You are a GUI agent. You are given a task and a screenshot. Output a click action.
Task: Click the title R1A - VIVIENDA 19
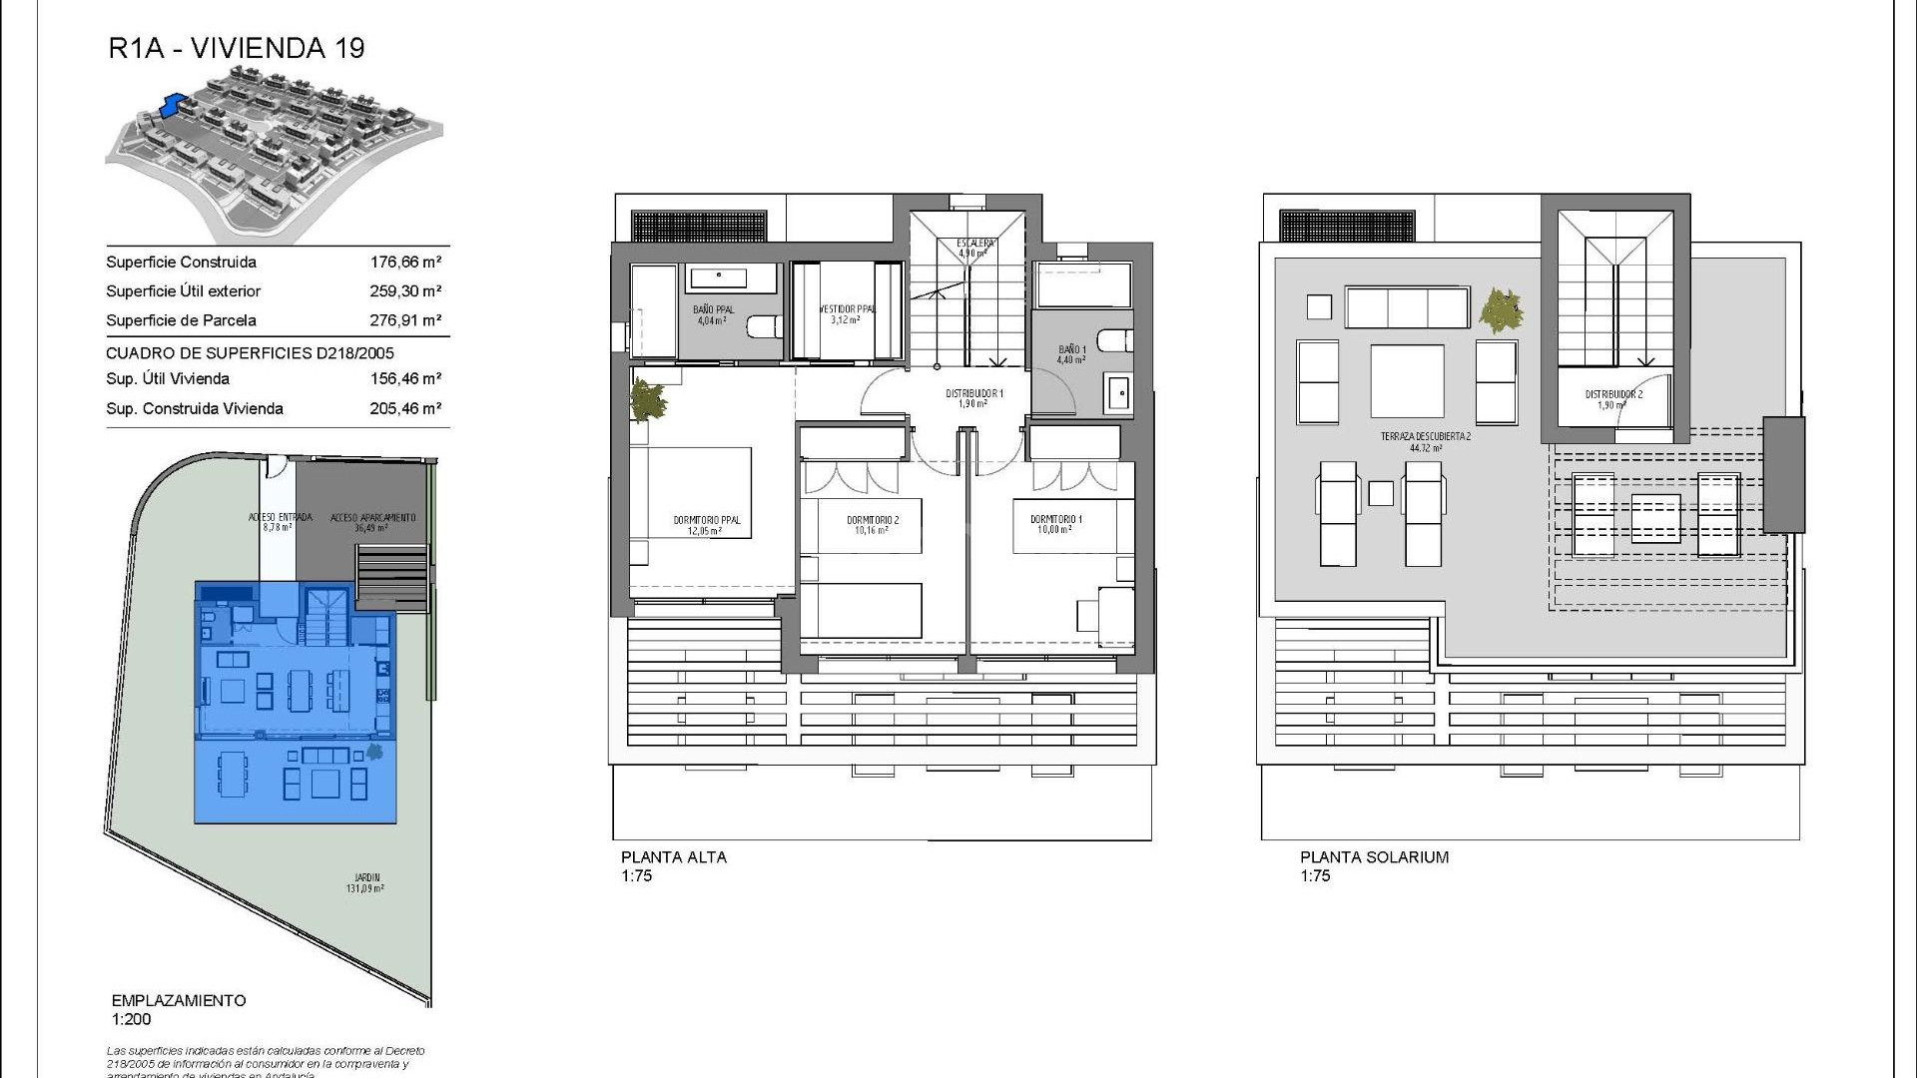(237, 48)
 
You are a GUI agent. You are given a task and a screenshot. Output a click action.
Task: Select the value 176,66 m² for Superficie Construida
(405, 263)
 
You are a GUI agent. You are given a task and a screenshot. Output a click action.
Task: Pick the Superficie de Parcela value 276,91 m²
(405, 320)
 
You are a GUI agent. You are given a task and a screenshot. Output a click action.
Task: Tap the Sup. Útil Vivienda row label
(168, 379)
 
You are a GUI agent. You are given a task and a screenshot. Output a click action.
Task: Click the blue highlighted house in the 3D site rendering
(174, 104)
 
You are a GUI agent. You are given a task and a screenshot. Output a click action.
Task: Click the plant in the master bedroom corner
(650, 401)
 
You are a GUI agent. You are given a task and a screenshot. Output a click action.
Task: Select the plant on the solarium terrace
(1501, 310)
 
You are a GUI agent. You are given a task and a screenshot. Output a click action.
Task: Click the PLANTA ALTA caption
(674, 857)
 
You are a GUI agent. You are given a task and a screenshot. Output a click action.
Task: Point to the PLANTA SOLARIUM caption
(1374, 857)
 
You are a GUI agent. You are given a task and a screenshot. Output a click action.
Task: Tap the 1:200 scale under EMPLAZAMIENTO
(132, 1019)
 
